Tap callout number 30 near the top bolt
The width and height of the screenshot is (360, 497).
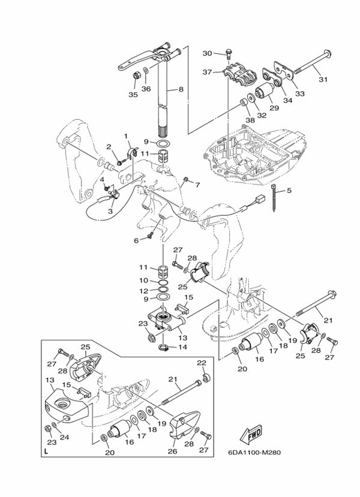(x=208, y=54)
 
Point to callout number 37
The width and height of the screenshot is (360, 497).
(x=208, y=73)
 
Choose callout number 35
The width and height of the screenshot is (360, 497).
(x=134, y=94)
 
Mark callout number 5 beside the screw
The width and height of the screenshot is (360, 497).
(x=289, y=191)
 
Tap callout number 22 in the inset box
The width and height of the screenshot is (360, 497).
(x=202, y=363)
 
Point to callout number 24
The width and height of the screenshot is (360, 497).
(x=64, y=437)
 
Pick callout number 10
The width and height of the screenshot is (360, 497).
(x=145, y=280)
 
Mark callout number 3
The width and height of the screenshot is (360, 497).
(x=110, y=210)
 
